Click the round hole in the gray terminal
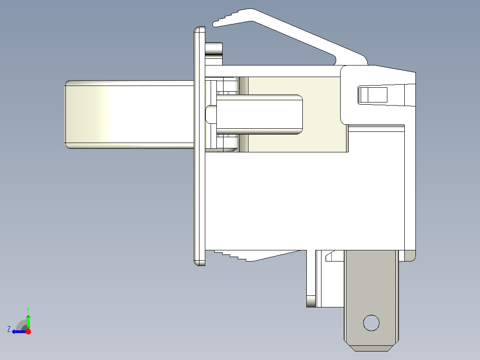click(x=371, y=323)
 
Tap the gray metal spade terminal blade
click(x=371, y=301)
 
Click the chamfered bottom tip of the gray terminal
click(x=371, y=349)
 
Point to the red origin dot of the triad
click(x=28, y=331)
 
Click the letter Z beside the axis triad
click(x=9, y=329)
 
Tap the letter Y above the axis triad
click(x=28, y=310)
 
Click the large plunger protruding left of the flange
click(x=130, y=114)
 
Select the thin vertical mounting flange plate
click(x=199, y=146)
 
